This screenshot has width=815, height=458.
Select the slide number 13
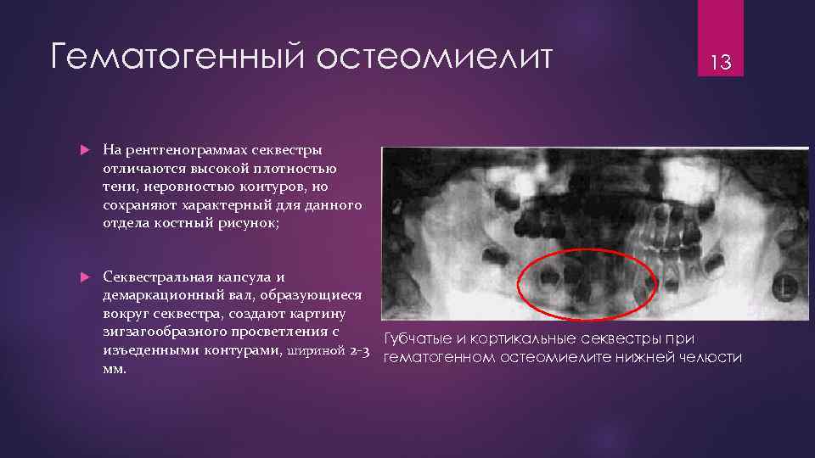tap(721, 62)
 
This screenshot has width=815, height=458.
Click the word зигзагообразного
tap(164, 332)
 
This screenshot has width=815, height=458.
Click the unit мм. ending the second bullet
tap(115, 369)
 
